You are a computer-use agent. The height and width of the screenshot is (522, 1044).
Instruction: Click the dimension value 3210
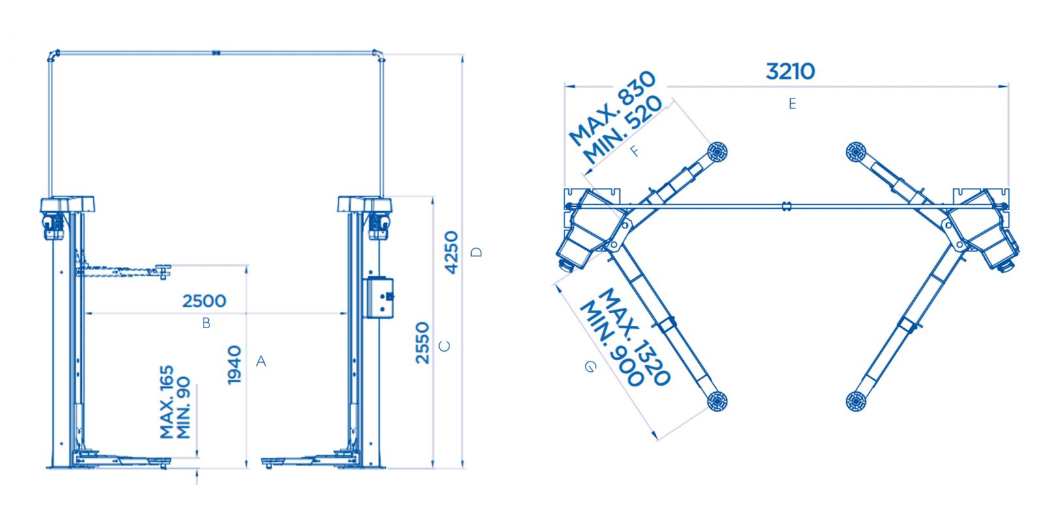[x=790, y=71]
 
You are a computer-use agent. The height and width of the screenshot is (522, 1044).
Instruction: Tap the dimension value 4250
[x=452, y=253]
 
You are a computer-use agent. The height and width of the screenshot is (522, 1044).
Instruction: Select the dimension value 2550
[x=423, y=343]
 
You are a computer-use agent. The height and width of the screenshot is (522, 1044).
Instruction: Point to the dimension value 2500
[x=204, y=301]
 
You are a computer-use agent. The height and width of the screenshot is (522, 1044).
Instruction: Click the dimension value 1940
[x=235, y=365]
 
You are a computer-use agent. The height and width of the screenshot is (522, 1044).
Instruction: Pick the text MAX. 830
[x=611, y=108]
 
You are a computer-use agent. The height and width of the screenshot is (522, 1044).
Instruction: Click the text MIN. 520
[x=623, y=129]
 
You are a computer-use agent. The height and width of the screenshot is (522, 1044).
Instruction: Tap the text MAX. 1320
[x=634, y=337]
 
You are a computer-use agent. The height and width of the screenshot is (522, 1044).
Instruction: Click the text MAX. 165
[x=167, y=402]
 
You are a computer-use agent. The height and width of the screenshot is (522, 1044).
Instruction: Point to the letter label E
[x=792, y=104]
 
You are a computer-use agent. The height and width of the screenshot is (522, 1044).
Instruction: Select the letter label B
[x=206, y=323]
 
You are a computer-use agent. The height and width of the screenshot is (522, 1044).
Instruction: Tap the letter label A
[x=261, y=361]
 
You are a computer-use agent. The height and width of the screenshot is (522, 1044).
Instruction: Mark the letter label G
[x=590, y=367]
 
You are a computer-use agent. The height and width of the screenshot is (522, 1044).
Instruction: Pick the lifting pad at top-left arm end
[x=716, y=152]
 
